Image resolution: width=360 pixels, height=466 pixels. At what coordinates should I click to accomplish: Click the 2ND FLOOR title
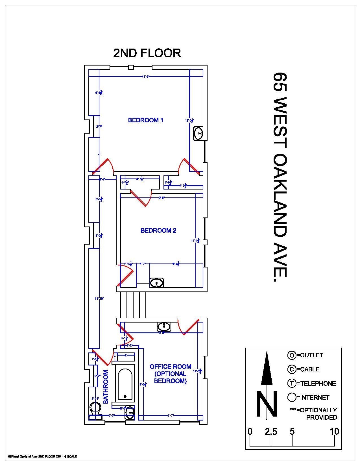click(147, 53)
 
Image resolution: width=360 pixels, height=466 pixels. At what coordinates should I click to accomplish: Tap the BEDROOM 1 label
click(145, 120)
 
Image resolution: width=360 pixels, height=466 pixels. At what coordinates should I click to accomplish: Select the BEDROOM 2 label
click(158, 230)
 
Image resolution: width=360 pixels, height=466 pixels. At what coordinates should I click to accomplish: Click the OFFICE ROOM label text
click(170, 367)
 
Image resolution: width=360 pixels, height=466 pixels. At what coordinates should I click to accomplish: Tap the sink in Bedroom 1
click(198, 133)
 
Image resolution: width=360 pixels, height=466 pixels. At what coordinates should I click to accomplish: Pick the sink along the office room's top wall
click(164, 327)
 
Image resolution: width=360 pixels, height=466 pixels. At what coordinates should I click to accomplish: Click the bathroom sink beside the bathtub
click(130, 413)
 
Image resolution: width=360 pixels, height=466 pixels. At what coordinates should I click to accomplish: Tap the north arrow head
click(266, 367)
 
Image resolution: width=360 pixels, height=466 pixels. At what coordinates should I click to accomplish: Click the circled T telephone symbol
click(291, 383)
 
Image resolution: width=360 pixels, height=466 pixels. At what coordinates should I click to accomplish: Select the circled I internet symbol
click(291, 397)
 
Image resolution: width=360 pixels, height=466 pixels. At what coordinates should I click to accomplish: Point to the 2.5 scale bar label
click(271, 431)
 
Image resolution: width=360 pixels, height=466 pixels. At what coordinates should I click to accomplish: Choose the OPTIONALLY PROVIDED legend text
click(313, 413)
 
